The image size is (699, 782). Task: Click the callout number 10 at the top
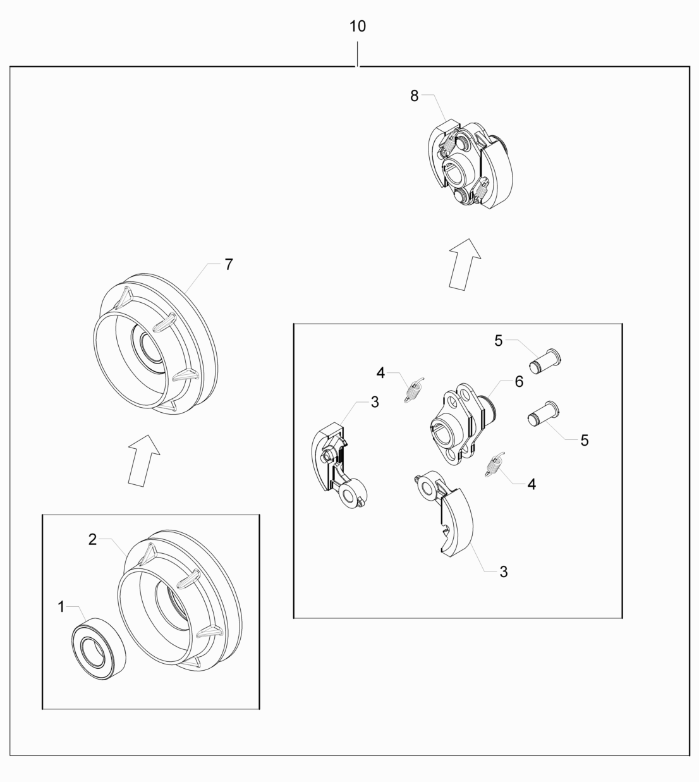(x=358, y=27)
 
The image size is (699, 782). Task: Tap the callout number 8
(x=414, y=95)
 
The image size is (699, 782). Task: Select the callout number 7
(x=229, y=264)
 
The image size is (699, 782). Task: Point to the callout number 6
(x=519, y=381)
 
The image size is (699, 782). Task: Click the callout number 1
(x=61, y=606)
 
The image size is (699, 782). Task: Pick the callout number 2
(x=92, y=539)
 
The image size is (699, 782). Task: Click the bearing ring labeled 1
(x=99, y=648)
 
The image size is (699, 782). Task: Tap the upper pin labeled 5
(x=545, y=360)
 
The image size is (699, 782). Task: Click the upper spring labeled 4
(x=414, y=390)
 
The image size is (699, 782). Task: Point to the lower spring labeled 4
(x=495, y=465)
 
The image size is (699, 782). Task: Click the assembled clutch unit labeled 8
(x=470, y=164)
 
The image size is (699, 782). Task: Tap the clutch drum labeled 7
(x=155, y=343)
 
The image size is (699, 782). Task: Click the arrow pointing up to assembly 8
(x=465, y=264)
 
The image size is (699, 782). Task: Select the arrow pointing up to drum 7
(x=143, y=460)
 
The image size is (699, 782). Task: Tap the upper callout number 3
(x=375, y=402)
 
